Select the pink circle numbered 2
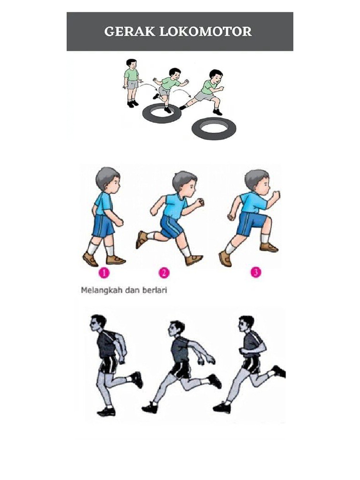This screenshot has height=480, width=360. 164,272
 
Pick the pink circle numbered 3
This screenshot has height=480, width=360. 255,272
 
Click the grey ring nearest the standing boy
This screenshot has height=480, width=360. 162,113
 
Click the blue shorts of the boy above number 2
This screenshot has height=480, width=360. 172,226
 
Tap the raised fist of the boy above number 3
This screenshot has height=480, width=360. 277,195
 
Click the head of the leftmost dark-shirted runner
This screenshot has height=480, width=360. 98,322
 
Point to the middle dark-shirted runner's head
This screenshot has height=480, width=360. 177,328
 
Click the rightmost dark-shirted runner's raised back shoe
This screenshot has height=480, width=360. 279,371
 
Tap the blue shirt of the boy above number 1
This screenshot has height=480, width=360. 104,203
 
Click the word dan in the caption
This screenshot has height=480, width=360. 131,290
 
